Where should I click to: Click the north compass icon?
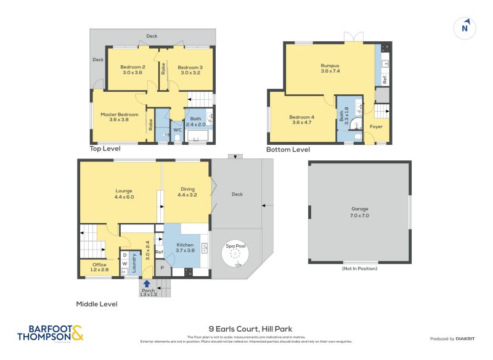[x=465, y=27]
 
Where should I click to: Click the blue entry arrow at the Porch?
[x=147, y=284]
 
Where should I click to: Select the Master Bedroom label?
[x=120, y=117]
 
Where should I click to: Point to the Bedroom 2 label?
[x=132, y=70]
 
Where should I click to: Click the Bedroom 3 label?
[x=190, y=70]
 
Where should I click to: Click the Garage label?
[x=359, y=213]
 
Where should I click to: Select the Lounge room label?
[x=123, y=194]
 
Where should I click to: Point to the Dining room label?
[x=187, y=192]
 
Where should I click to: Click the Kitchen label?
[x=185, y=247]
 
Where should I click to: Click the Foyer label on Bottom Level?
[x=376, y=126]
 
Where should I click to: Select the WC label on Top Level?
[x=176, y=130]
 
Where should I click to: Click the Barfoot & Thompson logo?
[x=50, y=333]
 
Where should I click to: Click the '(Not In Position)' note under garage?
[x=359, y=269]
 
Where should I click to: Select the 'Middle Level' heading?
[x=96, y=304]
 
